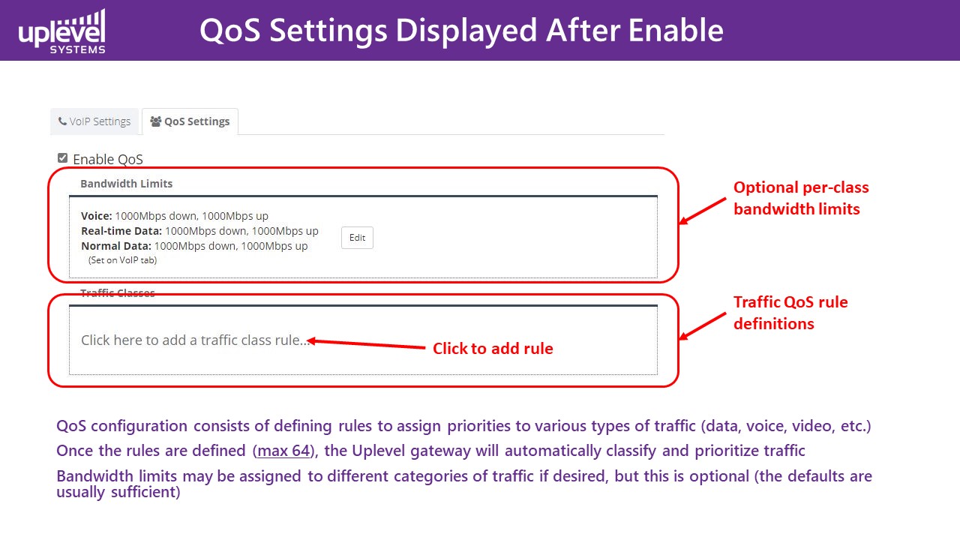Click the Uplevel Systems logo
click(x=61, y=31)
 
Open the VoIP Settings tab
click(x=94, y=121)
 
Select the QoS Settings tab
click(x=190, y=121)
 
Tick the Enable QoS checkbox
click(x=62, y=158)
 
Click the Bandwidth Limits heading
click(x=127, y=184)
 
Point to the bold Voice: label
click(x=97, y=216)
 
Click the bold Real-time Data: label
click(x=121, y=231)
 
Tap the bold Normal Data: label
click(x=116, y=246)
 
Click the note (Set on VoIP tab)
click(x=122, y=260)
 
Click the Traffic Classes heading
click(x=118, y=292)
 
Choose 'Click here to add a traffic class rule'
click(x=195, y=340)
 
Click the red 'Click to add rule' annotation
click(x=493, y=349)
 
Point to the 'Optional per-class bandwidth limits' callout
click(x=801, y=198)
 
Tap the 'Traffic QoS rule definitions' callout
click(x=790, y=313)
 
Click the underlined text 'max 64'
click(x=283, y=451)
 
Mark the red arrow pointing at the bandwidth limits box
click(x=703, y=211)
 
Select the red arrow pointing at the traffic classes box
click(x=703, y=326)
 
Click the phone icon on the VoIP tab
click(x=62, y=121)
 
